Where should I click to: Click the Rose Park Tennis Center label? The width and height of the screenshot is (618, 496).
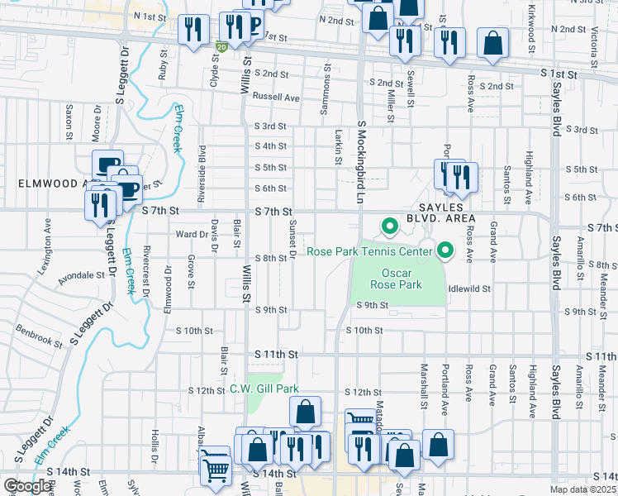[x=369, y=251]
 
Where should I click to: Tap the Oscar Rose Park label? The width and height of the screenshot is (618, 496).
[x=402, y=279]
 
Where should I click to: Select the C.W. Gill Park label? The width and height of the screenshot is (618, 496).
[x=264, y=389]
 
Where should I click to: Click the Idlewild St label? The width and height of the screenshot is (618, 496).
[x=469, y=289]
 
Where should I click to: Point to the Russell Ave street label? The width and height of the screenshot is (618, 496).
[x=276, y=97]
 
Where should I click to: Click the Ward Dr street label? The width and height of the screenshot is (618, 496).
[x=192, y=234]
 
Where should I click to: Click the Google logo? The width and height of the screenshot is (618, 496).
[x=27, y=486]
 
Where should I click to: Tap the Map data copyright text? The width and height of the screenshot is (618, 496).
[x=583, y=489]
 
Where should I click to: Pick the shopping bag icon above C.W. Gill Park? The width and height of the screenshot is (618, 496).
[x=305, y=412]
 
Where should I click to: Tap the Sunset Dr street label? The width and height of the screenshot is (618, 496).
[x=292, y=240]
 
